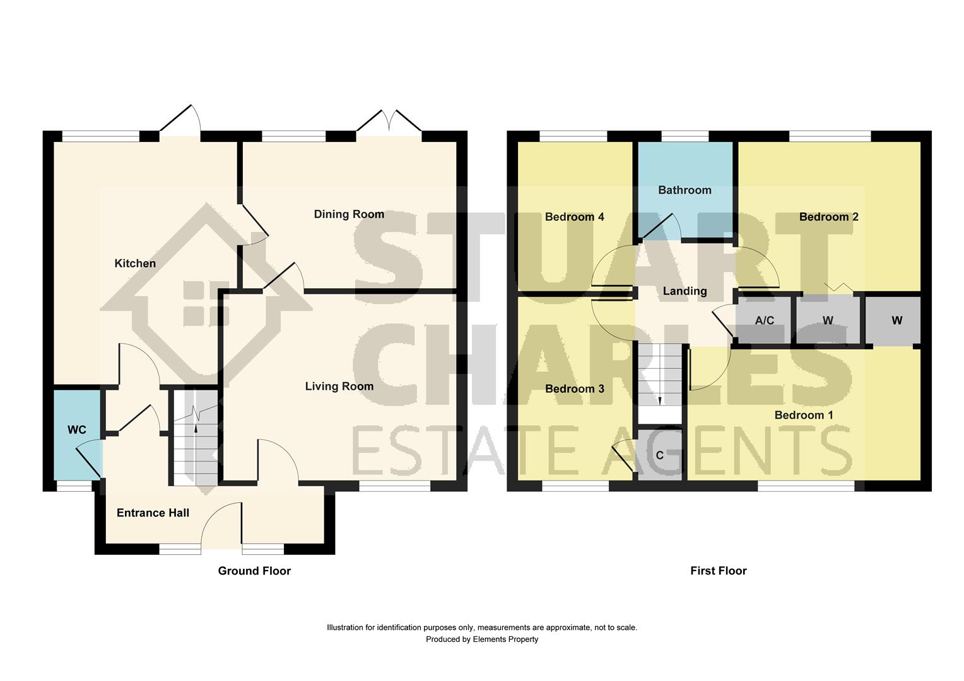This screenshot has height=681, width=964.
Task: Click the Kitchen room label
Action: (x=135, y=264)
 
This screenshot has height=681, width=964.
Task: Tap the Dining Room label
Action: (x=349, y=214)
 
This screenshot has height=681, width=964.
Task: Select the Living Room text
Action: (x=339, y=387)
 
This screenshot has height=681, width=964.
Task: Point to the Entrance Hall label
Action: (x=153, y=513)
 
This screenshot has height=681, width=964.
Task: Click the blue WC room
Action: (x=76, y=434)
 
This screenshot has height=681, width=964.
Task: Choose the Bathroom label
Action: (x=685, y=190)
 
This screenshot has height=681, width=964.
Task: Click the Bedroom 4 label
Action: (x=574, y=217)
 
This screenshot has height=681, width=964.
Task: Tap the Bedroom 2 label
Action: (x=828, y=217)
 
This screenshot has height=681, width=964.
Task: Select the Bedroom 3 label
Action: (x=574, y=389)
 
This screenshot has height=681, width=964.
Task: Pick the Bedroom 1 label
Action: (x=803, y=415)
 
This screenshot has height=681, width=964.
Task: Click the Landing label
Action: (x=685, y=291)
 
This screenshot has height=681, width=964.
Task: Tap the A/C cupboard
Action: (x=764, y=320)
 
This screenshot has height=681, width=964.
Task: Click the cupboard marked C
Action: (x=660, y=455)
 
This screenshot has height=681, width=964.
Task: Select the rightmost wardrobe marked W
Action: (x=896, y=320)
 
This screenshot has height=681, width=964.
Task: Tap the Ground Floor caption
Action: (x=254, y=571)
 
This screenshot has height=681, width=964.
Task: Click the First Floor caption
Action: (x=718, y=571)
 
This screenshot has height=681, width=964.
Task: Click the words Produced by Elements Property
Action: (x=482, y=639)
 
